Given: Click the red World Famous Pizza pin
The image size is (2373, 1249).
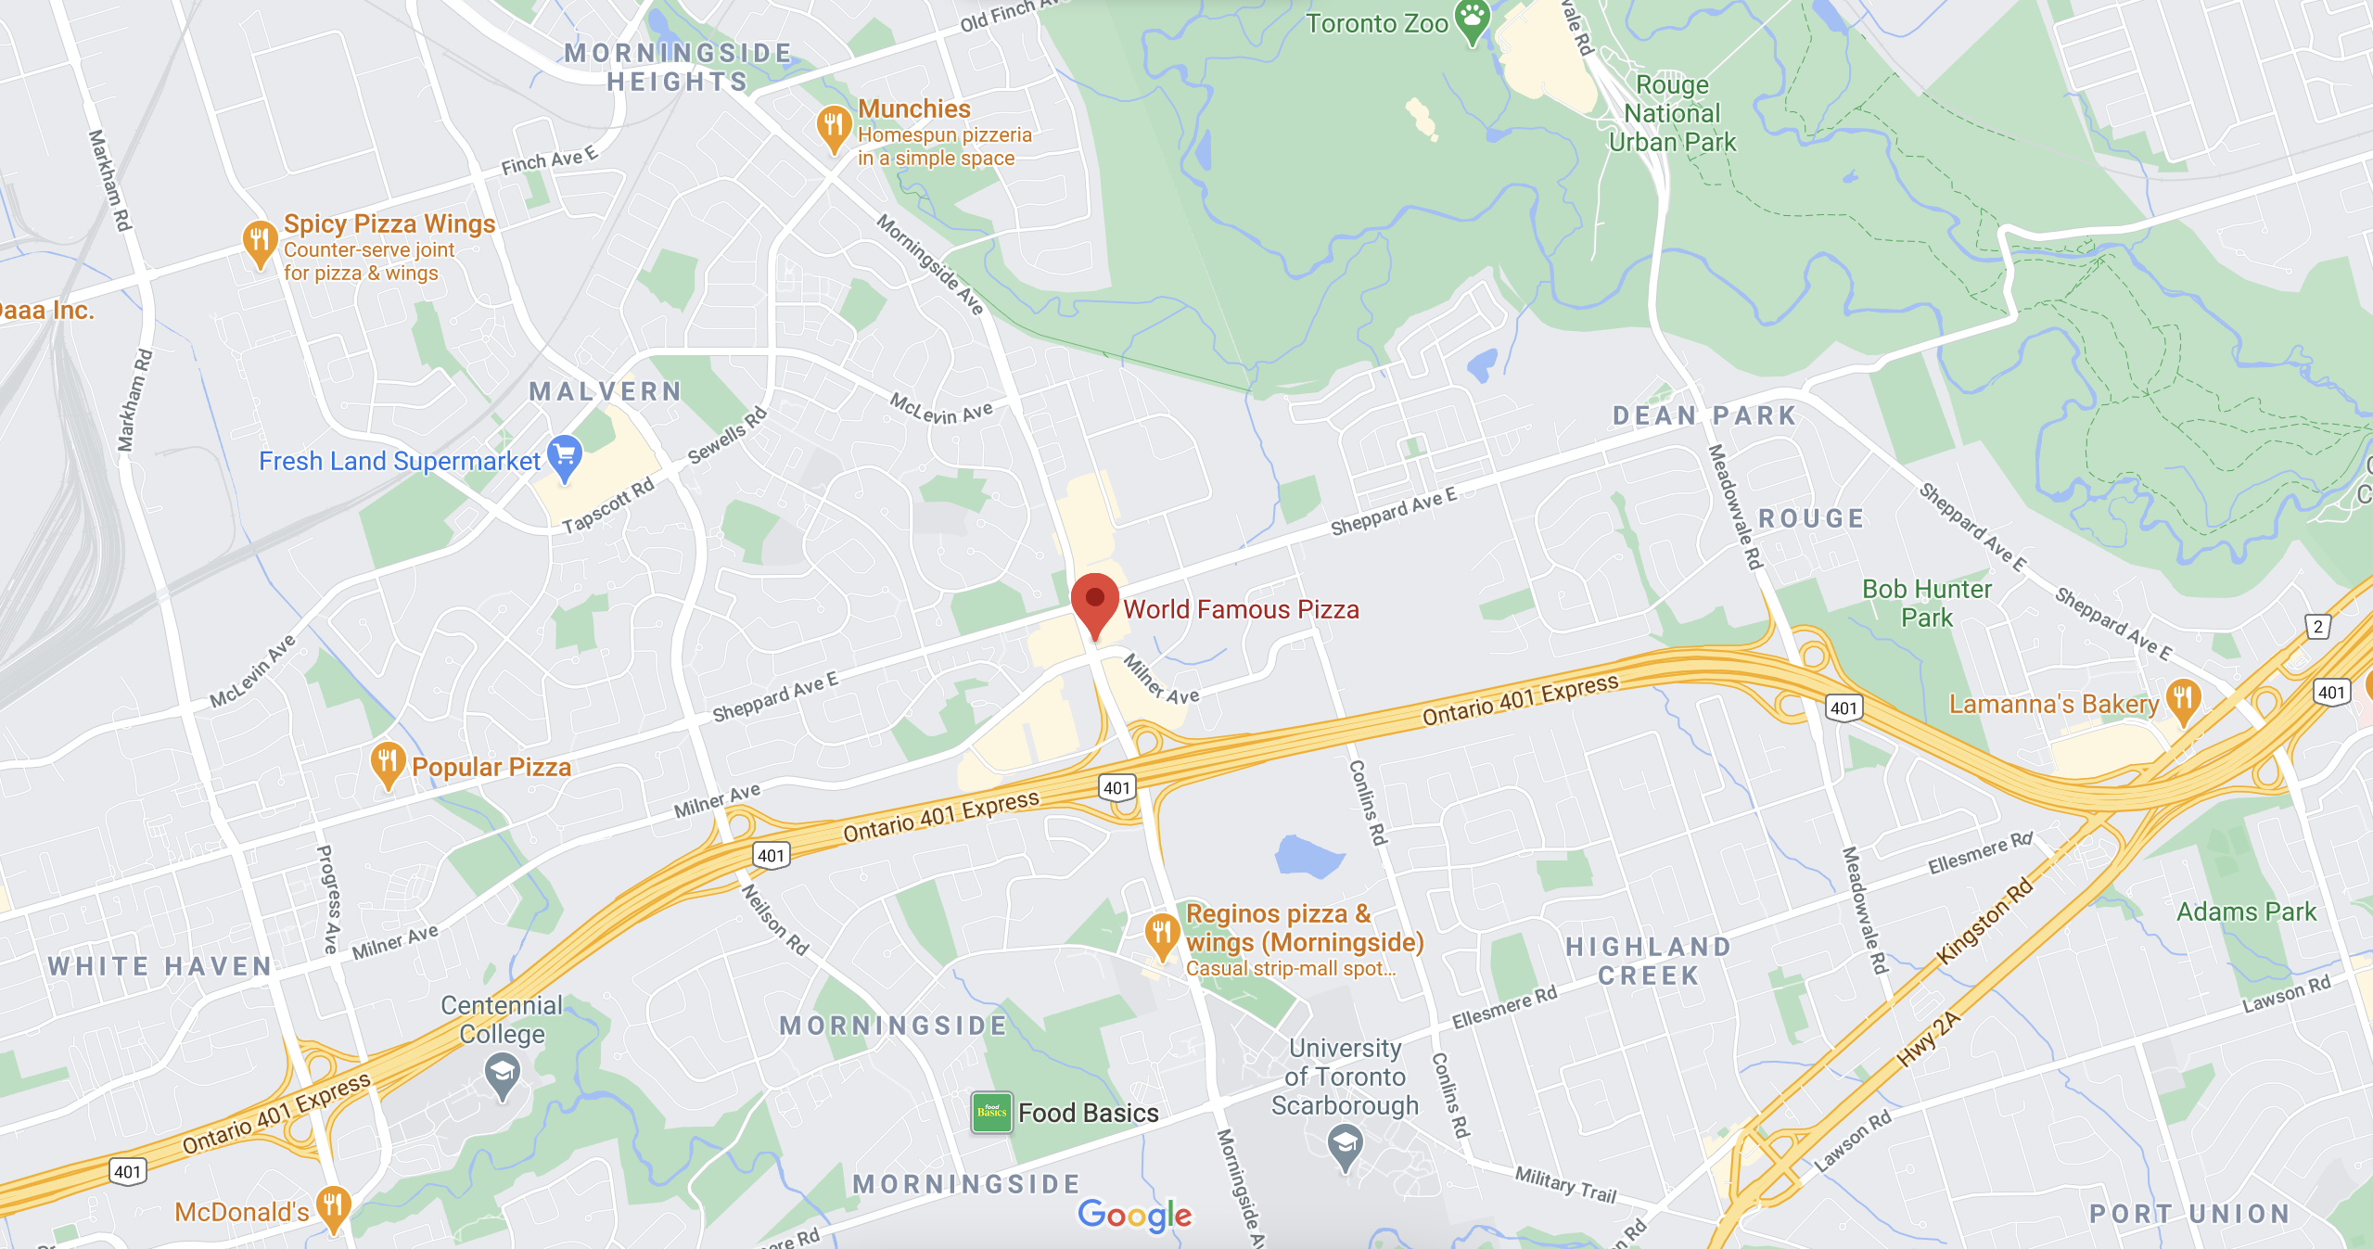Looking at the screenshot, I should [x=1094, y=601].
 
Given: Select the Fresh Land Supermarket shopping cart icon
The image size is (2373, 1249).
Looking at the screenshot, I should [x=565, y=455].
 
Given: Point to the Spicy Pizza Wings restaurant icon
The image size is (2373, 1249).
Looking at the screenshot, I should [x=260, y=240].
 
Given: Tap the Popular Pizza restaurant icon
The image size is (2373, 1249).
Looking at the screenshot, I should [x=388, y=762].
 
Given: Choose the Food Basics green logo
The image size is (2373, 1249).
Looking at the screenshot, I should [x=991, y=1112].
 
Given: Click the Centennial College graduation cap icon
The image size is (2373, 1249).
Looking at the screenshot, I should [x=503, y=1076].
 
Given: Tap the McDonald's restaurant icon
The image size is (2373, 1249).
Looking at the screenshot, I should [x=333, y=1206].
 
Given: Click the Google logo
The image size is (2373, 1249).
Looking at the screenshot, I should [x=1135, y=1215].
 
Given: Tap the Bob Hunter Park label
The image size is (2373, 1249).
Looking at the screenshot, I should [x=1927, y=604].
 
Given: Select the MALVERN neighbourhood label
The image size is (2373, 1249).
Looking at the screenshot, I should [x=606, y=391].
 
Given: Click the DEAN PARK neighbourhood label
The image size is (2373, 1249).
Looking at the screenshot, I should [x=1704, y=415].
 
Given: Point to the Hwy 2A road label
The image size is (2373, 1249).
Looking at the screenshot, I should [x=1929, y=1039].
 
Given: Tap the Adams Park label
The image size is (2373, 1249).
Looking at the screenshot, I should [x=2246, y=912].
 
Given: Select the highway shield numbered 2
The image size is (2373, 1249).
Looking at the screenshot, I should [x=2318, y=627].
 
